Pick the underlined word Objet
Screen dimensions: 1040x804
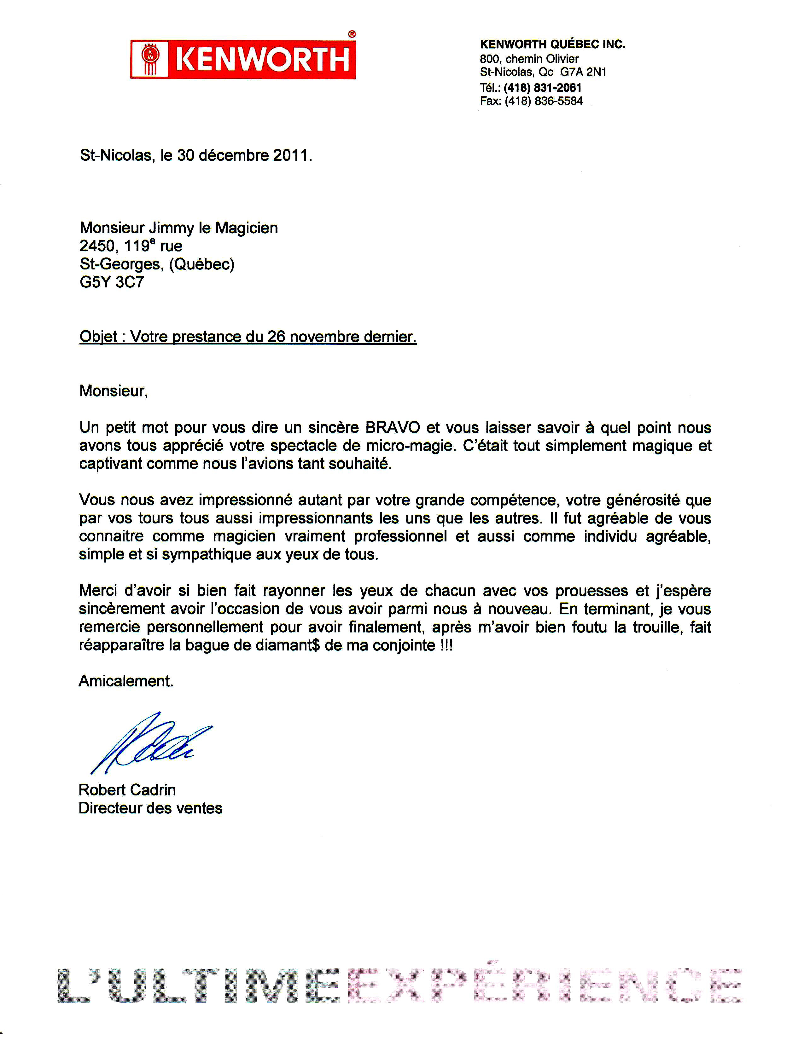[x=98, y=337]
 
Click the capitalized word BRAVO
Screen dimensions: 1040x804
[x=393, y=428]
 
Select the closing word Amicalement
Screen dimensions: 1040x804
[x=126, y=681]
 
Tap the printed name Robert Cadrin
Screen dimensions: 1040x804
[x=127, y=790]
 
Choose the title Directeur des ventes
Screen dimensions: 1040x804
[x=150, y=808]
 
